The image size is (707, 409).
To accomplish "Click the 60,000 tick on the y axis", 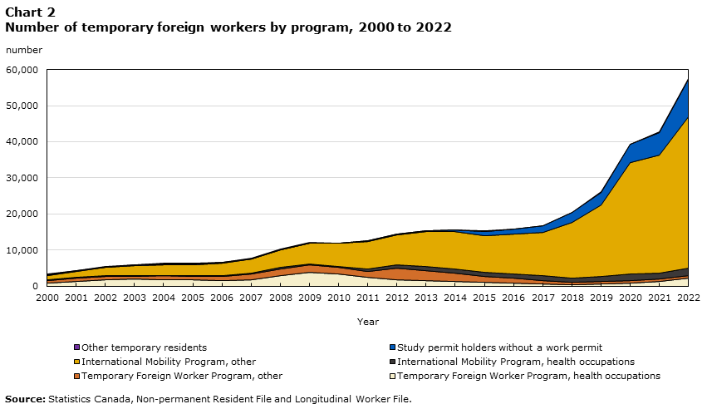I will [x=22, y=70].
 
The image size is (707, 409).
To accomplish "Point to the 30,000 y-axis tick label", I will [x=22, y=178].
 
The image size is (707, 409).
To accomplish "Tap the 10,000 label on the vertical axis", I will [x=22, y=250].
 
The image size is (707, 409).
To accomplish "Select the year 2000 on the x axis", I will [x=47, y=297].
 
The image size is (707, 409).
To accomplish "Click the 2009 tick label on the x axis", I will [x=310, y=297].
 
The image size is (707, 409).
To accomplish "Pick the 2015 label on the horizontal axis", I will [x=485, y=297].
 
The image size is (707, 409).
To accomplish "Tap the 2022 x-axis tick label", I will [x=689, y=297].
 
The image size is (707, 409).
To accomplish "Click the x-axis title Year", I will [x=368, y=321].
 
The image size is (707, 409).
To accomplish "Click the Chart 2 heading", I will [x=30, y=12].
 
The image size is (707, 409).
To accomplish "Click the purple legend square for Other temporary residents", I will [x=76, y=347].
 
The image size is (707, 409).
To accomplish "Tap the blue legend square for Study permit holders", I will [x=392, y=347].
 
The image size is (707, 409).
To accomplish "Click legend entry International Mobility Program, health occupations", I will [x=515, y=362].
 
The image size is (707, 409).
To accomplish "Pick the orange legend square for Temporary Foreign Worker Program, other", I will [x=76, y=376].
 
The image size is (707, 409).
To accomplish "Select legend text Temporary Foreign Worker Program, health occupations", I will [x=528, y=376].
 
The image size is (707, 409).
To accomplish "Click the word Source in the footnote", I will [x=24, y=399].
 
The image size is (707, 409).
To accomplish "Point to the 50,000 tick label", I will [x=22, y=106].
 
